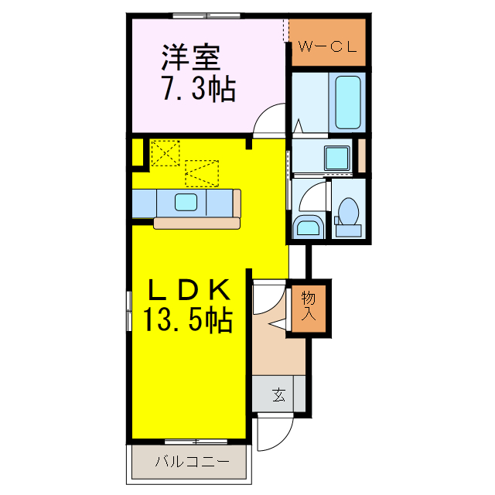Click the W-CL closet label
point(327,46)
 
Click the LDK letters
point(189,291)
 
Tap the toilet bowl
point(348,212)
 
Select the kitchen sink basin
point(186,203)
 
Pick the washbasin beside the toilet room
point(308,227)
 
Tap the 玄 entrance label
point(278,395)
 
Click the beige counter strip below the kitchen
point(196,224)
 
